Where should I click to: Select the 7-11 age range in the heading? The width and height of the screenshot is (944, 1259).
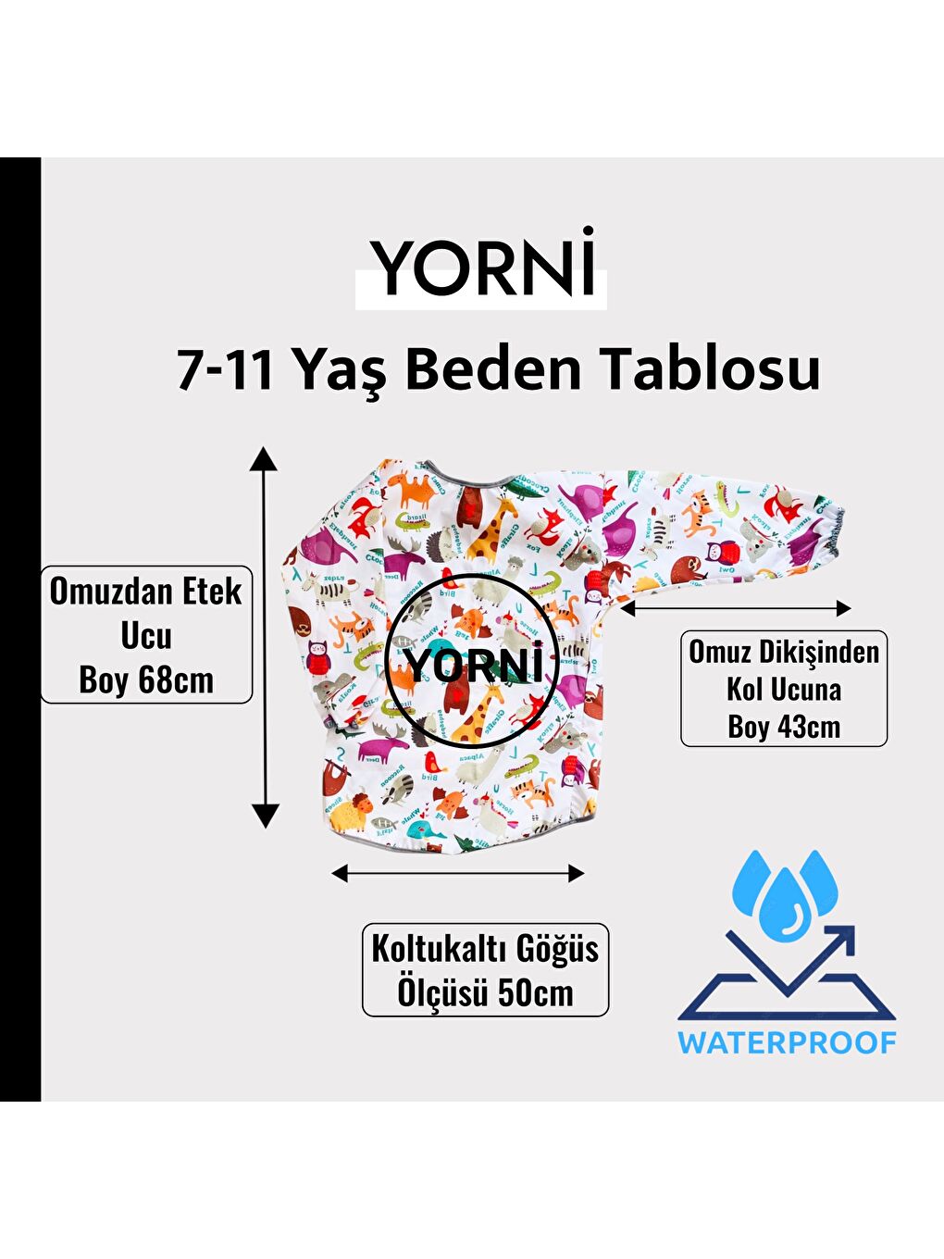(226, 369)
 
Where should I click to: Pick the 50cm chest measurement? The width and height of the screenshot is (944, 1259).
(536, 993)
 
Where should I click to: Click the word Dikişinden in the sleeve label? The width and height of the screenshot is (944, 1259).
(819, 652)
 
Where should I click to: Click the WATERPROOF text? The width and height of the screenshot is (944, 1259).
(787, 1042)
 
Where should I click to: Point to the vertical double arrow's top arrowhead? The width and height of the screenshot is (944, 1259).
(265, 458)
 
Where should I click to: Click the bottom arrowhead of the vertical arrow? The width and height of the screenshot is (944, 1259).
(266, 816)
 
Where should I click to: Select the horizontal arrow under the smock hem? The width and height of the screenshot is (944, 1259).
(458, 873)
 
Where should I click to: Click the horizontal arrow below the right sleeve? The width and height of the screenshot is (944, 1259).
(736, 608)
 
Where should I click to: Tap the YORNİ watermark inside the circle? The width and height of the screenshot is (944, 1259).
(472, 665)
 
